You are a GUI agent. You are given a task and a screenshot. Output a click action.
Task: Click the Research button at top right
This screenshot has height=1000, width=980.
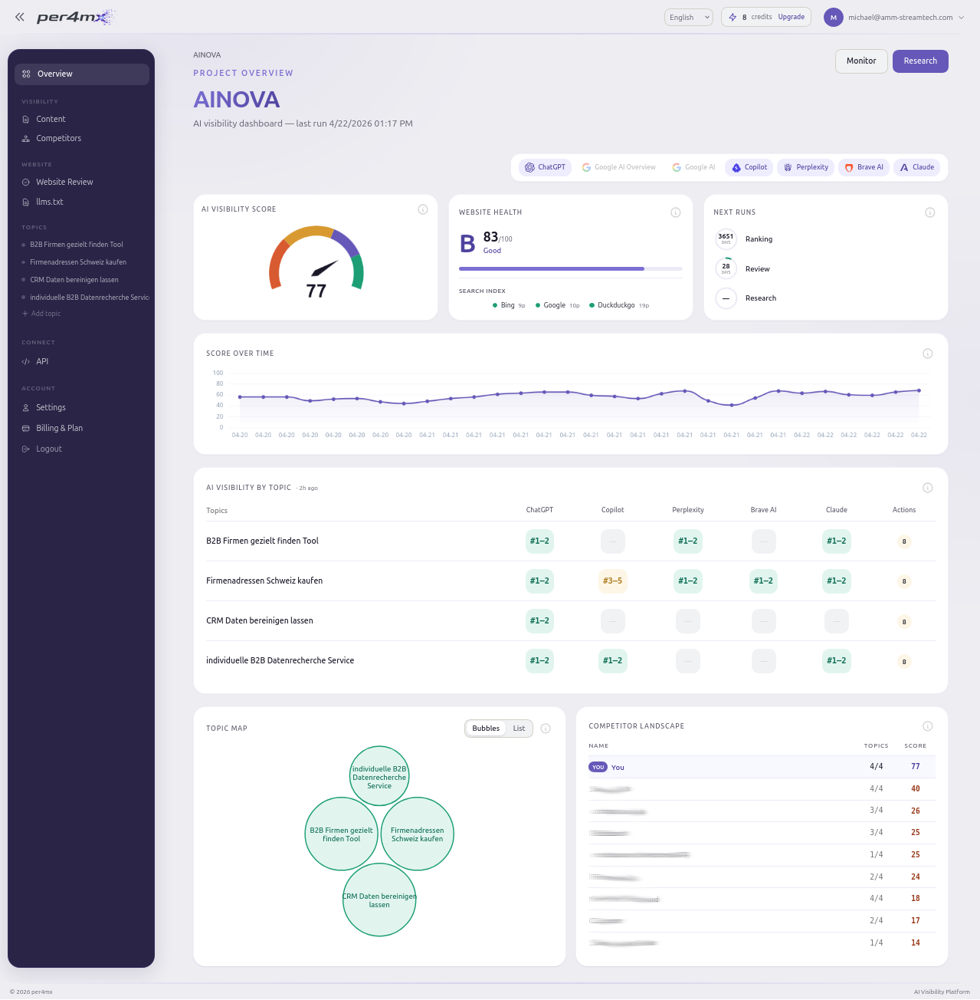[x=919, y=61]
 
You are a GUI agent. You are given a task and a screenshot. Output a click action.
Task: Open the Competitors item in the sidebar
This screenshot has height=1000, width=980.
[x=58, y=139]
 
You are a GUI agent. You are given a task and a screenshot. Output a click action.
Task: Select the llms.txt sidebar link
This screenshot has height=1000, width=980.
[x=49, y=202]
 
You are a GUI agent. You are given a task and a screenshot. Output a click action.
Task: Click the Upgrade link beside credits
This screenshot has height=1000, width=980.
[x=791, y=17]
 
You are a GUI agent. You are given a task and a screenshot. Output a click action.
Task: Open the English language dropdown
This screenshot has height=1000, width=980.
[x=688, y=18]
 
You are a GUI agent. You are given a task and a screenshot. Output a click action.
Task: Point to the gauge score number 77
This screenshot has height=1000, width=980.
[x=316, y=291]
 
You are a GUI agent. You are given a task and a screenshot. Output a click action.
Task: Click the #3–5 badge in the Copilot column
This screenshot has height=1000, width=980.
[x=612, y=581]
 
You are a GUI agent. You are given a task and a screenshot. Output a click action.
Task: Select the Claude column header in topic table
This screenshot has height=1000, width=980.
[x=836, y=510]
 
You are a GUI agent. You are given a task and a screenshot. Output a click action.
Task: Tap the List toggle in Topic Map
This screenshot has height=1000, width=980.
[x=519, y=729]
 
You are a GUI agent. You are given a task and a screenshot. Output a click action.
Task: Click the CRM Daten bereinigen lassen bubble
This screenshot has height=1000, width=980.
[x=379, y=900]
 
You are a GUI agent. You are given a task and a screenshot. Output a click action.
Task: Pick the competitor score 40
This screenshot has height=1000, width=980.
[x=915, y=789]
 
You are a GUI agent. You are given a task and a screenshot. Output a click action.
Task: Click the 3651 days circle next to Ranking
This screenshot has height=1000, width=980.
[x=726, y=239]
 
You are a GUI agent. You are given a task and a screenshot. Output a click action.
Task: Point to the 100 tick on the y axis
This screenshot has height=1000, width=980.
[x=218, y=373]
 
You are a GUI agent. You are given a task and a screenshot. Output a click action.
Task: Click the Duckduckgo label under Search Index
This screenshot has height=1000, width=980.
[x=616, y=305]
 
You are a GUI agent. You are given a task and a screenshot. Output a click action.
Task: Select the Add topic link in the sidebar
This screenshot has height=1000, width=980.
[x=45, y=314]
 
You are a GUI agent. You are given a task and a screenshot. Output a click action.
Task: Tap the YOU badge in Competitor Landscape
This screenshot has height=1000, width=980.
[x=598, y=768]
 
